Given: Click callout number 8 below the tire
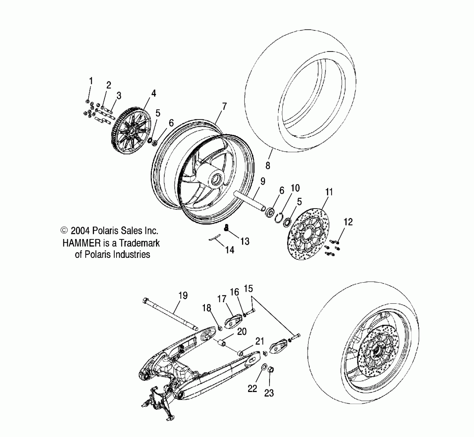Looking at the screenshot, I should tap(268, 166).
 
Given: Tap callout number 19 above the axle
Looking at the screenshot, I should tap(183, 296).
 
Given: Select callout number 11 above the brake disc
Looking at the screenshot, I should tap(329, 192).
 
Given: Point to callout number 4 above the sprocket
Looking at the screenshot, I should tap(153, 93).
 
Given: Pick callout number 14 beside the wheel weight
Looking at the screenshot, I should tap(230, 250).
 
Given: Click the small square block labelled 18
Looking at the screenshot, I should tap(220, 328).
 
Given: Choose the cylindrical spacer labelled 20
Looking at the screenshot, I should tap(222, 343).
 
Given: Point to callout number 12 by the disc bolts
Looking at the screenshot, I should tap(348, 222).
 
